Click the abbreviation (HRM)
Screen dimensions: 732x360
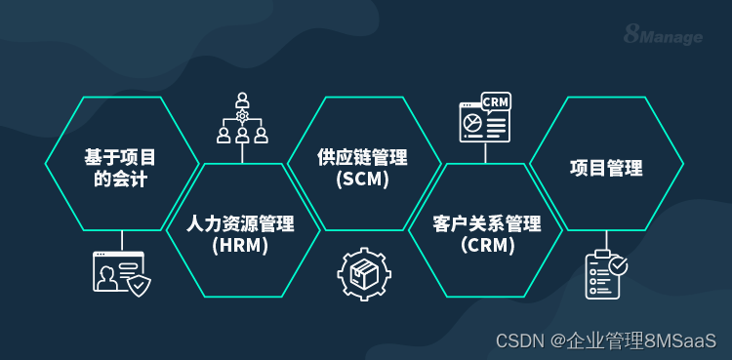(241, 246)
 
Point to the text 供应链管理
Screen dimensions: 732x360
(362, 158)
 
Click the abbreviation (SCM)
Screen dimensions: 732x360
(362, 180)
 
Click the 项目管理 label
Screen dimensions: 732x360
(606, 168)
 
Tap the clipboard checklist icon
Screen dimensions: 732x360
(606, 274)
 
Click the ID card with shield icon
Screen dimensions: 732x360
(122, 273)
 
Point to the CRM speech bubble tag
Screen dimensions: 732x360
(496, 101)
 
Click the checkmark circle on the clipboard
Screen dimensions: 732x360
(619, 264)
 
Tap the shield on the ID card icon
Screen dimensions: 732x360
(141, 284)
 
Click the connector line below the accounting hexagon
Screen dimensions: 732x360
(122, 241)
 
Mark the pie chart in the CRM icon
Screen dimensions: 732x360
(473, 123)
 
